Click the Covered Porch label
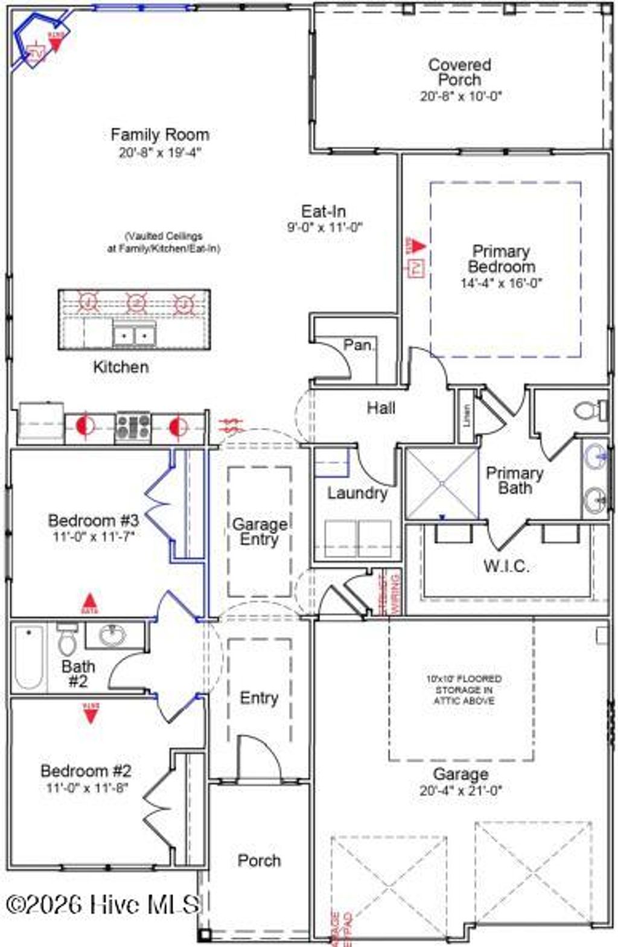click(x=459, y=72)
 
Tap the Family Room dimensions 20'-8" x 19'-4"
click(x=159, y=153)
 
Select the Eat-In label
click(x=323, y=211)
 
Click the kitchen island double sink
click(x=134, y=334)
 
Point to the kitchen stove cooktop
click(x=133, y=426)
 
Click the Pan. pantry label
click(x=359, y=345)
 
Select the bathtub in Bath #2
click(x=28, y=657)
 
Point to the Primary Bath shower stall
click(x=442, y=483)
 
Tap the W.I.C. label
click(x=506, y=566)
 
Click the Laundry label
click(x=357, y=493)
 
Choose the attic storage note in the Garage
click(x=463, y=689)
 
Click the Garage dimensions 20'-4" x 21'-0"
click(x=460, y=790)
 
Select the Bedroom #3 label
click(x=94, y=520)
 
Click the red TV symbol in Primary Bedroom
click(x=416, y=267)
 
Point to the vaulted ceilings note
click(x=164, y=242)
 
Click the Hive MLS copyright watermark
click(x=103, y=904)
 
